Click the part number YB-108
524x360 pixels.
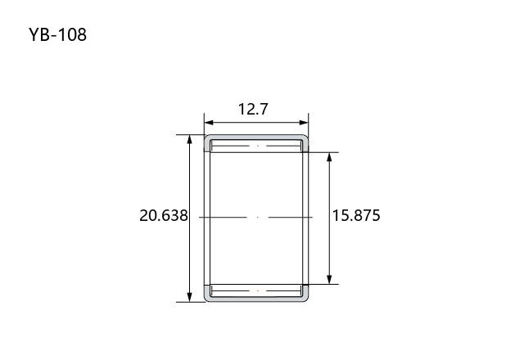click(57, 34)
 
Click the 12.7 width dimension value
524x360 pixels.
click(253, 109)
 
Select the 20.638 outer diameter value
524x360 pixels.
click(164, 215)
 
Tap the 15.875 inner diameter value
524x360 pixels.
click(356, 215)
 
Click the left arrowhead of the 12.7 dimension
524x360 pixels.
click(209, 123)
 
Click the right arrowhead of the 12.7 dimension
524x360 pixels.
click(304, 123)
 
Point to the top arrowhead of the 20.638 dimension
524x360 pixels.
click(189, 139)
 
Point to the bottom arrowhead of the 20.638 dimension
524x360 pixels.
click(189, 297)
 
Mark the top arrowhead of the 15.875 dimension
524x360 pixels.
click(329, 157)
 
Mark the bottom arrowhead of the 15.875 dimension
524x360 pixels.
click(329, 280)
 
